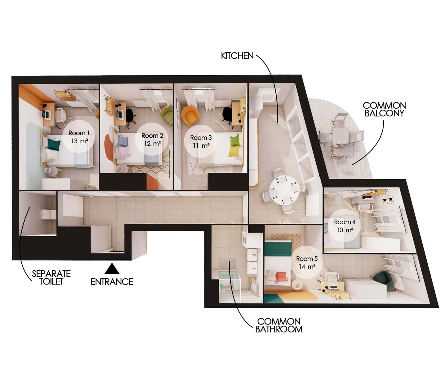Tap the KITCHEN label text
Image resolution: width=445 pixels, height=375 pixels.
click(237, 56)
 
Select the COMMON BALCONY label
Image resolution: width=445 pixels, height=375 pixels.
click(384, 109)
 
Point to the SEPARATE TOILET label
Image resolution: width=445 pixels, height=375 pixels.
click(51, 277)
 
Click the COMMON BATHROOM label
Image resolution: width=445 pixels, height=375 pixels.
click(279, 325)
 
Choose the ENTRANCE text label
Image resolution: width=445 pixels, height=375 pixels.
click(112, 282)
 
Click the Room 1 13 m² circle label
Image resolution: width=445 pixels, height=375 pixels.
click(79, 137)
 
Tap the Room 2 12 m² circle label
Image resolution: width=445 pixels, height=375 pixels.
click(152, 139)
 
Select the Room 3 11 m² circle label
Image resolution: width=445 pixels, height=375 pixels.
click(201, 142)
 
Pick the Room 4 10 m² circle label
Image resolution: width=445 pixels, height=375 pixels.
click(345, 225)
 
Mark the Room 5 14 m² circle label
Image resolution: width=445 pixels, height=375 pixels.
click(307, 263)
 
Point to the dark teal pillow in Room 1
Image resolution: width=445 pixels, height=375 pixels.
click(54, 144)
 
